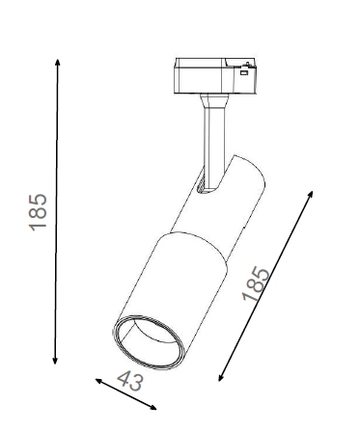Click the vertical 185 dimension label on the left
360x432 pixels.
38,212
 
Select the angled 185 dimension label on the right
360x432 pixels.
256,283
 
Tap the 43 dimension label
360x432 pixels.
129,381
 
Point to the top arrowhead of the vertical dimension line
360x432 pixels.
58,63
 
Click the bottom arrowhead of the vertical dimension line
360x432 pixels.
55,361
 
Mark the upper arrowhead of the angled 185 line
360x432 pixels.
311,194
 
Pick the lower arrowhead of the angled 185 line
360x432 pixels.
221,377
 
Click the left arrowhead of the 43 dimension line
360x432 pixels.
98,381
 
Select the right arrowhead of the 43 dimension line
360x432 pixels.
153,408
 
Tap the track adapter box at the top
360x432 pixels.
215,76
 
